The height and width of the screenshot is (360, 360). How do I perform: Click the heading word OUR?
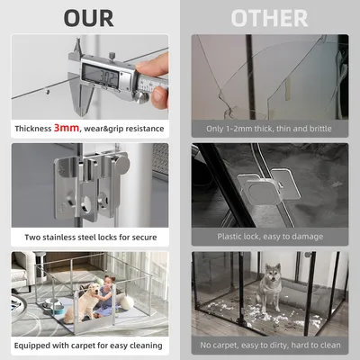[x=89, y=18]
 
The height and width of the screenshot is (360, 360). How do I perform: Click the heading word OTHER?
[x=269, y=18]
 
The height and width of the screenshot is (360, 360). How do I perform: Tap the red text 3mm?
[x=67, y=128]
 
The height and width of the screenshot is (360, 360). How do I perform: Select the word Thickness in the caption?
[x=33, y=129]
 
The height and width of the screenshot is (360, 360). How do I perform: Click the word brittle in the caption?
[x=320, y=129]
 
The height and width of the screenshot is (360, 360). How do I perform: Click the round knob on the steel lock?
[x=122, y=164]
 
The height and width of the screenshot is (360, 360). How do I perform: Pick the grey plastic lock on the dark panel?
[x=267, y=188]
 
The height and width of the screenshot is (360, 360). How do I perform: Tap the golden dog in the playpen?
[x=82, y=302]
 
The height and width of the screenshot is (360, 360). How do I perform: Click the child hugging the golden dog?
[x=108, y=296]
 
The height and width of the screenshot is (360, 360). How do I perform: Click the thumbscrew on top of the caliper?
[x=112, y=55]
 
